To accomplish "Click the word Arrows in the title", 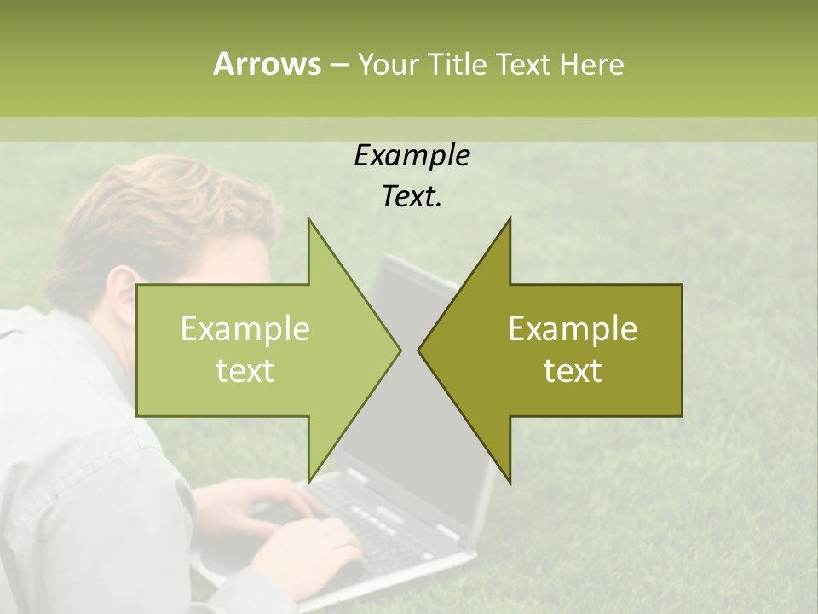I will pyautogui.click(x=267, y=64).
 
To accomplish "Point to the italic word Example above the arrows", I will pyautogui.click(x=412, y=155).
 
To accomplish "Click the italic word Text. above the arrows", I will pyautogui.click(x=412, y=196).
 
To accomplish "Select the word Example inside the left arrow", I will pyautogui.click(x=245, y=328).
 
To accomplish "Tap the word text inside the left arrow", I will pyautogui.click(x=245, y=371).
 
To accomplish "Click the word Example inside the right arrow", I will pyautogui.click(x=573, y=328).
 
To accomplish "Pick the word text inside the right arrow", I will pyautogui.click(x=573, y=371).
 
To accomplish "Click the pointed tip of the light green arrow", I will pyautogui.click(x=399, y=350).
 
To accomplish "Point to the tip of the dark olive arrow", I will pyautogui.click(x=420, y=350).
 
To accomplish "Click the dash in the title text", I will pyautogui.click(x=337, y=65).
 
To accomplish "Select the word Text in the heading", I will pyautogui.click(x=523, y=64).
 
